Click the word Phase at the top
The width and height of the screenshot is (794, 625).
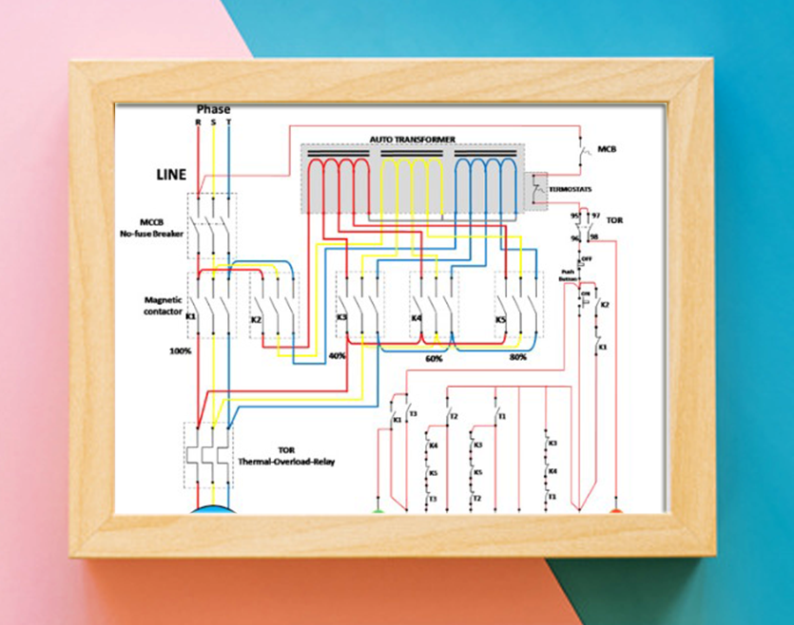click(x=213, y=109)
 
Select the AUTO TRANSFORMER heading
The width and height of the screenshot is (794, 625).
click(x=413, y=140)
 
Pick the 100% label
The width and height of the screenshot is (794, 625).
click(x=181, y=350)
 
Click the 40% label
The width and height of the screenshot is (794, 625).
click(x=337, y=355)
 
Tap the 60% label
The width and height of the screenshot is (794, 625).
click(x=435, y=360)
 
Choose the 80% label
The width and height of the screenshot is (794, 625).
click(x=519, y=358)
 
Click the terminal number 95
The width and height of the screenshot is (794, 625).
click(x=575, y=216)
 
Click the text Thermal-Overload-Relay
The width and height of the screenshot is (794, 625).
click(x=286, y=463)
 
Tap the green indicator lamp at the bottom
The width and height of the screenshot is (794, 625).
click(x=378, y=510)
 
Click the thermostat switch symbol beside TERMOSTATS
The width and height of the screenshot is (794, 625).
click(x=539, y=189)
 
